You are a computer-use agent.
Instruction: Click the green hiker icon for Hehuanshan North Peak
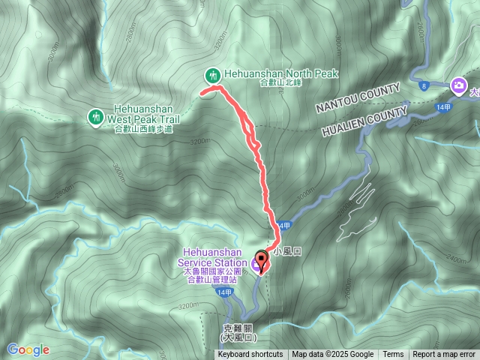[x=214, y=75]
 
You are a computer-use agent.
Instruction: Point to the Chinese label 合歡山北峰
[x=277, y=84]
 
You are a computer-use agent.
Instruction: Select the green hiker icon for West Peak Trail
[x=96, y=116]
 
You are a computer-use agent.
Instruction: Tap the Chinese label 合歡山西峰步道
[x=143, y=129]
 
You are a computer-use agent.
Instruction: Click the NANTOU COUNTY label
[x=358, y=99]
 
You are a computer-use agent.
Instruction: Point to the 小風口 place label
[x=287, y=253]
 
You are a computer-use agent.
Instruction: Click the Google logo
[x=28, y=349]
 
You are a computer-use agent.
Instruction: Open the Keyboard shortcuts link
[x=250, y=355]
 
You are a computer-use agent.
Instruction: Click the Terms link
[x=393, y=355]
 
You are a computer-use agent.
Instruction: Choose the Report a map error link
[x=445, y=355]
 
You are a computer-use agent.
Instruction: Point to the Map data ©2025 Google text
[x=333, y=355]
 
